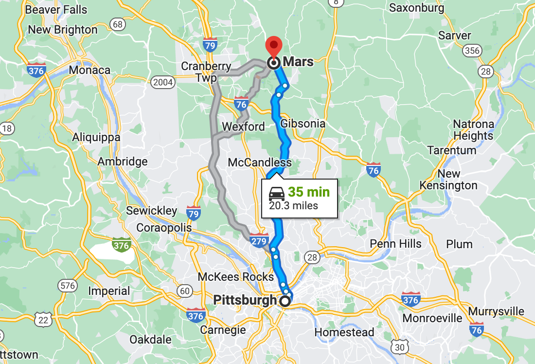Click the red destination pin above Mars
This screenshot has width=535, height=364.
pos(274,46)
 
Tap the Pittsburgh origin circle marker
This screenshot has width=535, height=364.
pos(285,301)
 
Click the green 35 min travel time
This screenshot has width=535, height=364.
pos(308,192)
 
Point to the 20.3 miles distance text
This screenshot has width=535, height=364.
pos(294,206)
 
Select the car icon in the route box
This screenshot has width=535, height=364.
pos(277,194)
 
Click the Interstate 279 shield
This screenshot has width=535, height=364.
pos(259,239)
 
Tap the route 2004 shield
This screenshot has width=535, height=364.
pos(162,82)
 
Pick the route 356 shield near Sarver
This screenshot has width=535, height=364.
pos(472,51)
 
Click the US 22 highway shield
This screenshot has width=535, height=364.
pos(44,319)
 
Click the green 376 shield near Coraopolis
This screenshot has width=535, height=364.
pos(121,245)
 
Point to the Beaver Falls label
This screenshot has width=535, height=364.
pos(56,10)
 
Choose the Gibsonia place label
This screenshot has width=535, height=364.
pos(303,124)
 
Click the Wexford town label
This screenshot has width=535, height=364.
pos(243,127)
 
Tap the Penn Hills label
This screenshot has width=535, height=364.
pos(395,244)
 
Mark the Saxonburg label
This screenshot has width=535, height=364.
pos(417,8)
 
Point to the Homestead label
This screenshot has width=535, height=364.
pos(344,333)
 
